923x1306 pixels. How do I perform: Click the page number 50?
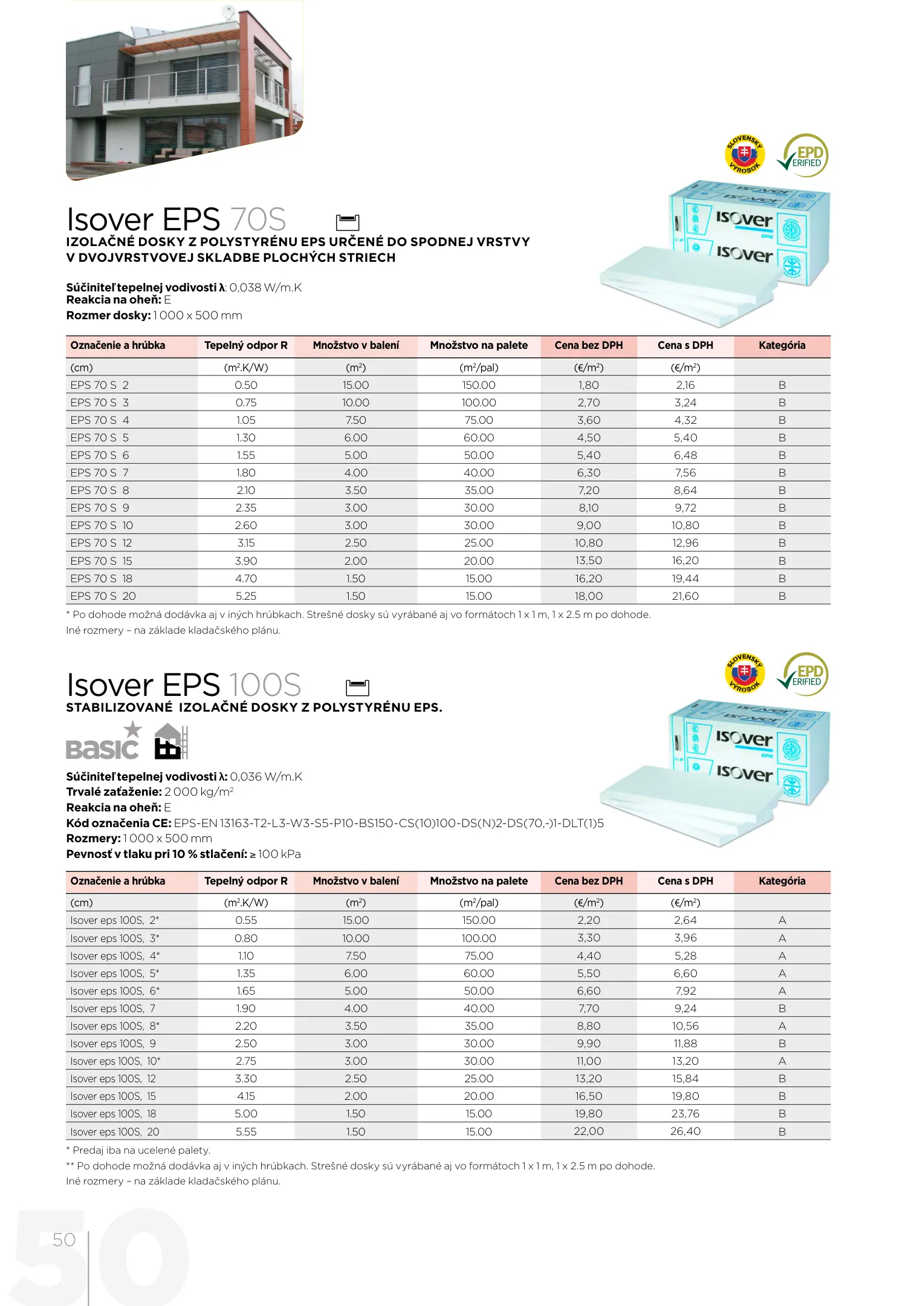pos(63,1240)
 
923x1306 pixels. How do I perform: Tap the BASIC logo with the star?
pos(103,742)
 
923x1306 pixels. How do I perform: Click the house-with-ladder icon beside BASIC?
pos(170,742)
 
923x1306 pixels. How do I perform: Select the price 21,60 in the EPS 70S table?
pos(685,596)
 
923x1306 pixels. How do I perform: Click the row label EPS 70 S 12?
pos(101,543)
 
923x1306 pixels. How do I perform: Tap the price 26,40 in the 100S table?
pos(685,1131)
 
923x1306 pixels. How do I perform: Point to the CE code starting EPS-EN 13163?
pos(389,824)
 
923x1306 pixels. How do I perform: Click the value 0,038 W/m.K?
pos(265,288)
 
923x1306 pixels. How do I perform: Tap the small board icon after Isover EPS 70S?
pos(348,223)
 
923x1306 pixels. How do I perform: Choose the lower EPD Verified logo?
pos(804,674)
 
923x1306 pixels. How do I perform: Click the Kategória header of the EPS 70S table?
pos(782,346)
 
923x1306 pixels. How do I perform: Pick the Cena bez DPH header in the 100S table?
pos(588,881)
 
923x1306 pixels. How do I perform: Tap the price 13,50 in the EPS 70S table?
pos(588,561)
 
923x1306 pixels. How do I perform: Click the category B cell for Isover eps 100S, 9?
pos(782,1044)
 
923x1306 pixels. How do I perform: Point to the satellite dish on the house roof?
pos(228,11)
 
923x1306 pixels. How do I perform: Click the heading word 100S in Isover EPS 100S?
pos(265,686)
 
